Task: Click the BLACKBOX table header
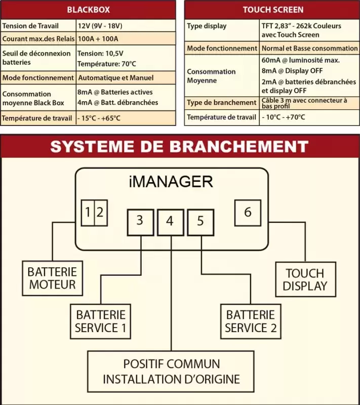(88, 10)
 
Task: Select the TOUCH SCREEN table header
(272, 10)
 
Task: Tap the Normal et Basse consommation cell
(309, 48)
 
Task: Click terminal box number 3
(140, 221)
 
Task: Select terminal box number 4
(170, 222)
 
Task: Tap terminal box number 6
(248, 212)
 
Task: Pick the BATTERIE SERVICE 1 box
(100, 321)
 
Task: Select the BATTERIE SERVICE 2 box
(251, 321)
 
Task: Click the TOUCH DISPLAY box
(305, 279)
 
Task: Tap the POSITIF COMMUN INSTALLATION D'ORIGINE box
(171, 372)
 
